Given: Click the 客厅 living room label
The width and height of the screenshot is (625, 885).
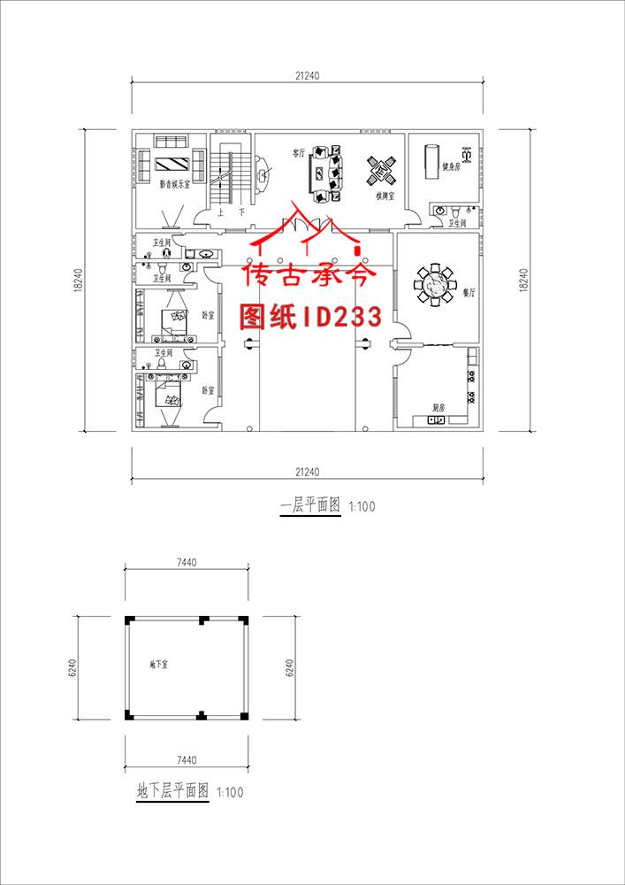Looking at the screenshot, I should (299, 152).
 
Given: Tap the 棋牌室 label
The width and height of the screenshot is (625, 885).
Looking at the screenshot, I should (385, 195).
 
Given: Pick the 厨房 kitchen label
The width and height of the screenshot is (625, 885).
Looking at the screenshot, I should (438, 407).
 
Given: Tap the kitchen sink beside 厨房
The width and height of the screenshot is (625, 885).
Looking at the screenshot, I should (436, 420).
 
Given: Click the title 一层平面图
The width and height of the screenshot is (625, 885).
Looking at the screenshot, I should (309, 507).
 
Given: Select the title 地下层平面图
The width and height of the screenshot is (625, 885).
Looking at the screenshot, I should (172, 792).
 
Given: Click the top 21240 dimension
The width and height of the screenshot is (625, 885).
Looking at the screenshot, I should (307, 75).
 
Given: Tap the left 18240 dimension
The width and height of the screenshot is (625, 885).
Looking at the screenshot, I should (78, 281).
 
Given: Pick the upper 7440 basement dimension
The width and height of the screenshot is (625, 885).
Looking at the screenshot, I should (186, 562).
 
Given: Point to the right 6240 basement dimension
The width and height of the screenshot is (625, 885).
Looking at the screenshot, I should (289, 666).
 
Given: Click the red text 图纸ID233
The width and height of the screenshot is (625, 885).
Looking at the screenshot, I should (311, 316).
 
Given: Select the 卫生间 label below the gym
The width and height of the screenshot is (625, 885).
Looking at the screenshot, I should (456, 224).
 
